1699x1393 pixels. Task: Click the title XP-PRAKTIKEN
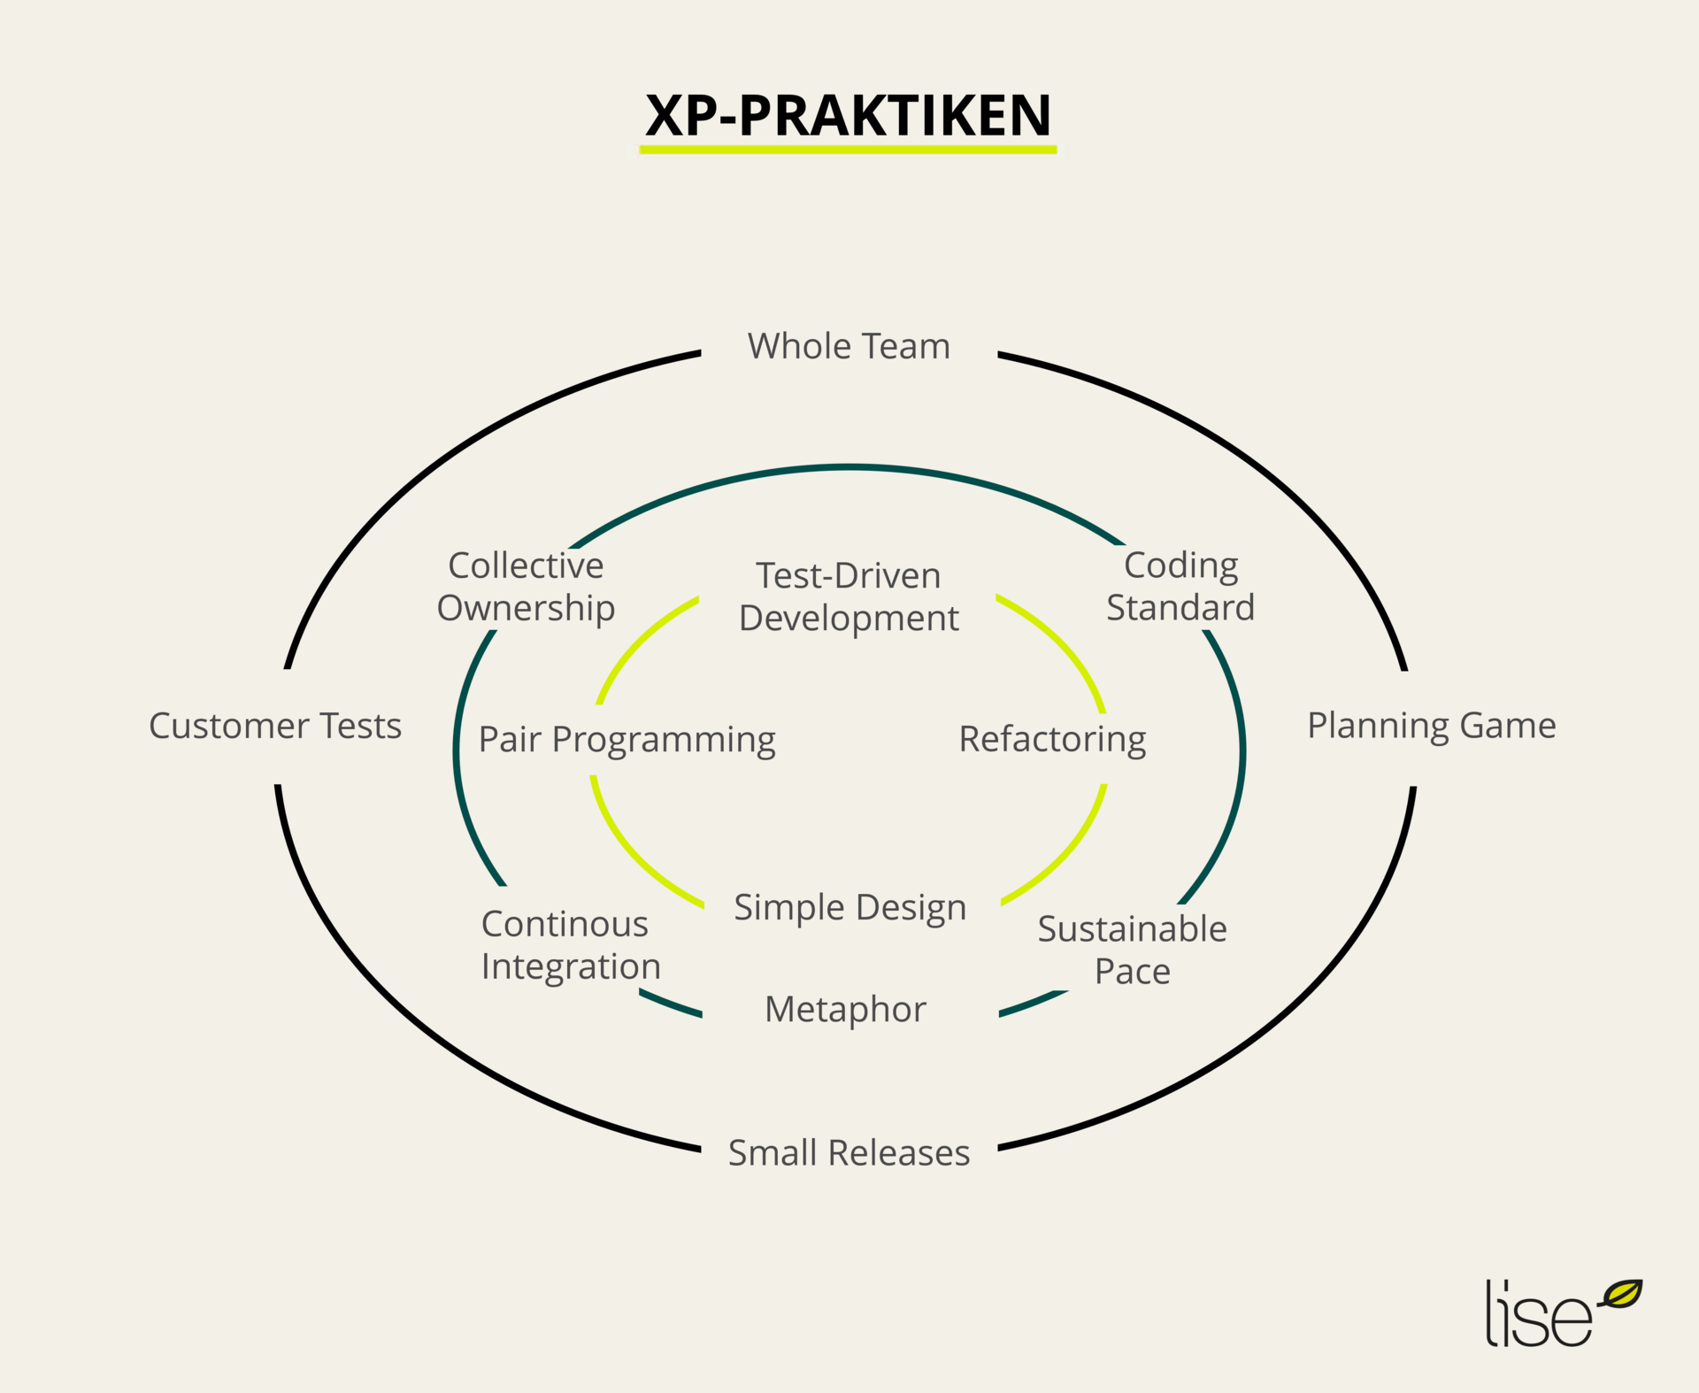[x=848, y=115]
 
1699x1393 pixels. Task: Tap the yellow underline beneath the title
[x=848, y=150]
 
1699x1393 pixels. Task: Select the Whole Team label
[x=849, y=346]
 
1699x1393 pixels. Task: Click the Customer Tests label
[x=275, y=726]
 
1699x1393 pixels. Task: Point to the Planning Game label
[x=1431, y=726]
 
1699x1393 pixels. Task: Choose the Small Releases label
[x=849, y=1152]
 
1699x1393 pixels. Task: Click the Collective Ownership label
[x=526, y=587]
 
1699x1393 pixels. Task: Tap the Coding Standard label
[x=1180, y=586]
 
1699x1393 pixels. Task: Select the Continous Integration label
[x=571, y=945]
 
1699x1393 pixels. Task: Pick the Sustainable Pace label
[x=1132, y=950]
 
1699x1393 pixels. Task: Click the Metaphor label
[x=845, y=1009]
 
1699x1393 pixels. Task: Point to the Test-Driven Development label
[x=849, y=596]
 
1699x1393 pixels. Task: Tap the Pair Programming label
[x=627, y=740]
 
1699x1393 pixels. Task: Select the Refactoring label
[x=1052, y=740]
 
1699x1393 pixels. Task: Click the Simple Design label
[x=849, y=908]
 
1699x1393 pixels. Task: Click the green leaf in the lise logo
[x=1622, y=1294]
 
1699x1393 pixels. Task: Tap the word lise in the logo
[x=1538, y=1316]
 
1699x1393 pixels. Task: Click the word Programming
[x=664, y=741]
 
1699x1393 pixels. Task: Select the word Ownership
[x=526, y=609]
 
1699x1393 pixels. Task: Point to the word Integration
[x=571, y=967]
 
